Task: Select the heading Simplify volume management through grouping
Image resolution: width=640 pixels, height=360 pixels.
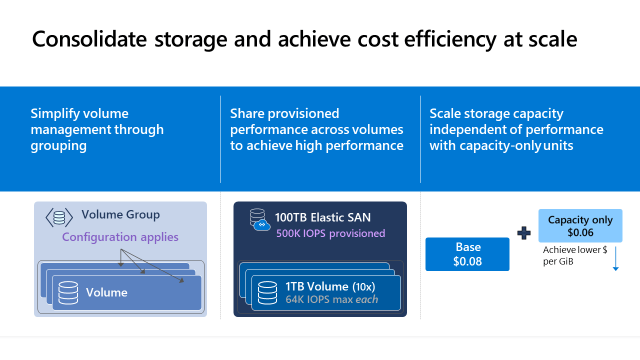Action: click(x=97, y=129)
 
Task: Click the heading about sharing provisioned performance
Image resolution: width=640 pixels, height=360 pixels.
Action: click(x=316, y=129)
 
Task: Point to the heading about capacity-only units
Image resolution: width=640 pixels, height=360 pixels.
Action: click(x=516, y=129)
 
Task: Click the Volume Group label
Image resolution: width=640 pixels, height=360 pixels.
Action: click(x=120, y=215)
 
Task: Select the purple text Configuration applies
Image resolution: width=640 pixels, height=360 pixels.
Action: click(x=120, y=236)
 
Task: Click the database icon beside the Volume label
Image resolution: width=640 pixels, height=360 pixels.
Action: click(x=68, y=292)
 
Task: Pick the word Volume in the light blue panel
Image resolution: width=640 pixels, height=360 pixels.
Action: click(x=106, y=292)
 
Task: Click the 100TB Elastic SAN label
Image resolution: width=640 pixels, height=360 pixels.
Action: click(x=322, y=217)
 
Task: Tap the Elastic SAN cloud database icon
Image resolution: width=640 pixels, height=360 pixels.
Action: click(x=259, y=219)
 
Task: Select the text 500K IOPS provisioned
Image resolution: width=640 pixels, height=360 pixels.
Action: click(x=330, y=233)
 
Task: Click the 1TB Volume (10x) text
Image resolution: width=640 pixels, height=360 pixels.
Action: click(x=330, y=286)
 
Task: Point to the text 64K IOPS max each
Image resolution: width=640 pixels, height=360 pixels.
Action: click(x=331, y=299)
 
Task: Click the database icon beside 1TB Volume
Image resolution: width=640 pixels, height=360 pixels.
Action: click(x=267, y=292)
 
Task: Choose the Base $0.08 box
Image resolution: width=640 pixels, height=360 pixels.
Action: click(x=467, y=254)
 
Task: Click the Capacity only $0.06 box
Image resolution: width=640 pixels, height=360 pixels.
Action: click(x=580, y=226)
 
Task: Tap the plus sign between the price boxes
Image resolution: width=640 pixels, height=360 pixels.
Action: click(x=523, y=233)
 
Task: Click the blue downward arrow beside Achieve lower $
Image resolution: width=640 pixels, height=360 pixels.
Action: click(x=615, y=258)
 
